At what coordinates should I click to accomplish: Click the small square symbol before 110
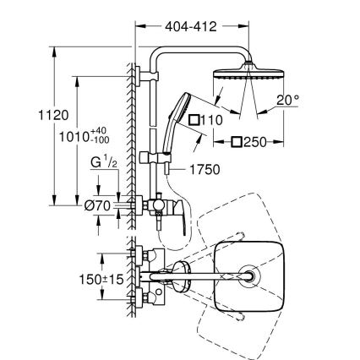(x=194, y=121)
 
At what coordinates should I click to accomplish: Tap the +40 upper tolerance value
(x=101, y=131)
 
